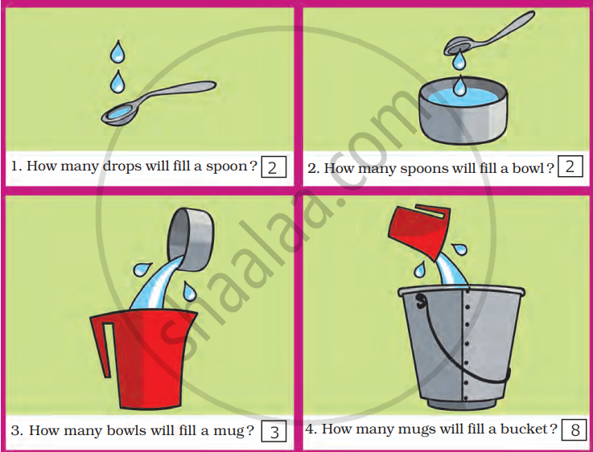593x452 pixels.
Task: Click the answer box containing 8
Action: pyautogui.click(x=574, y=429)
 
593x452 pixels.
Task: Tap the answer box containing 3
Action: pyautogui.click(x=274, y=432)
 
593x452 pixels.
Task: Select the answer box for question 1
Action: pyautogui.click(x=274, y=166)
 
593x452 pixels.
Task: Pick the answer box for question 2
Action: pyautogui.click(x=570, y=166)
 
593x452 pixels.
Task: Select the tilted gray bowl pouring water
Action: pyautogui.click(x=191, y=240)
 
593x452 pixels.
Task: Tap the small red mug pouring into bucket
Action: pyautogui.click(x=419, y=232)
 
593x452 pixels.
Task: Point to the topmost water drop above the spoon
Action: pyautogui.click(x=117, y=51)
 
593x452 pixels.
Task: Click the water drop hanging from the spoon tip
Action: pyautogui.click(x=459, y=60)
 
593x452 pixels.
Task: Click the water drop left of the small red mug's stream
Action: pyautogui.click(x=420, y=269)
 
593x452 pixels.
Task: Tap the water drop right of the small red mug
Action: pyautogui.click(x=460, y=249)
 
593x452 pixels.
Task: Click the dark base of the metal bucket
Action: pyautogui.click(x=462, y=404)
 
